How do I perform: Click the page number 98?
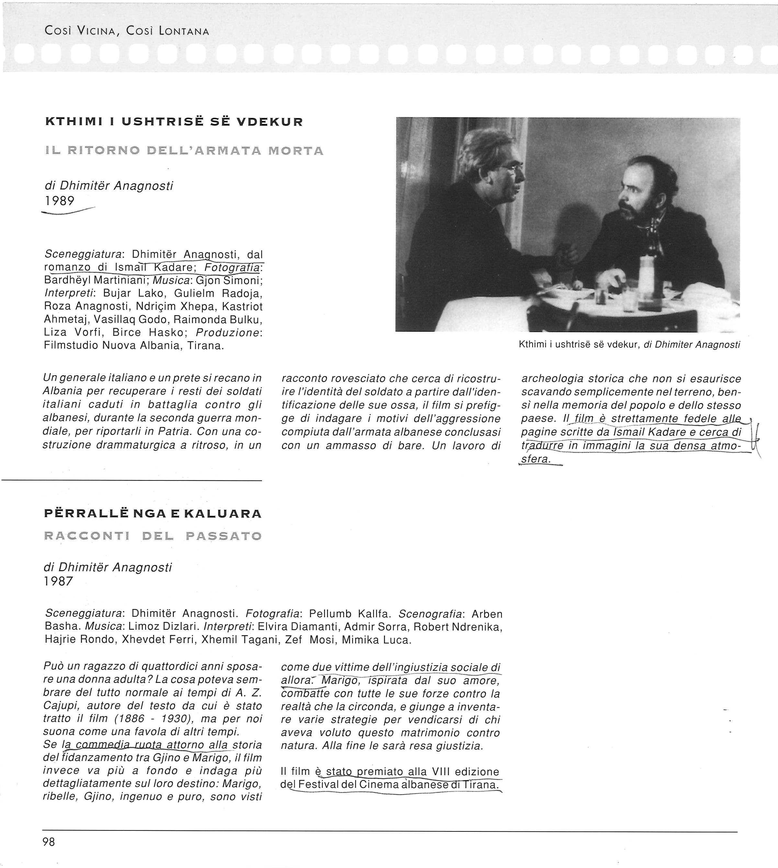point(49,841)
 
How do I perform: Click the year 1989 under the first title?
point(60,200)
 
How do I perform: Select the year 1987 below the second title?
point(59,581)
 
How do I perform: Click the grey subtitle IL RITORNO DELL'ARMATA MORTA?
point(184,151)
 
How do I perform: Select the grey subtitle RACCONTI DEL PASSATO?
point(152,535)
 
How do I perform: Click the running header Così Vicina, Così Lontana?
point(127,31)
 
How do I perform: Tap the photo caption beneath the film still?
point(629,344)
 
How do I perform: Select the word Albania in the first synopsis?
point(63,391)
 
